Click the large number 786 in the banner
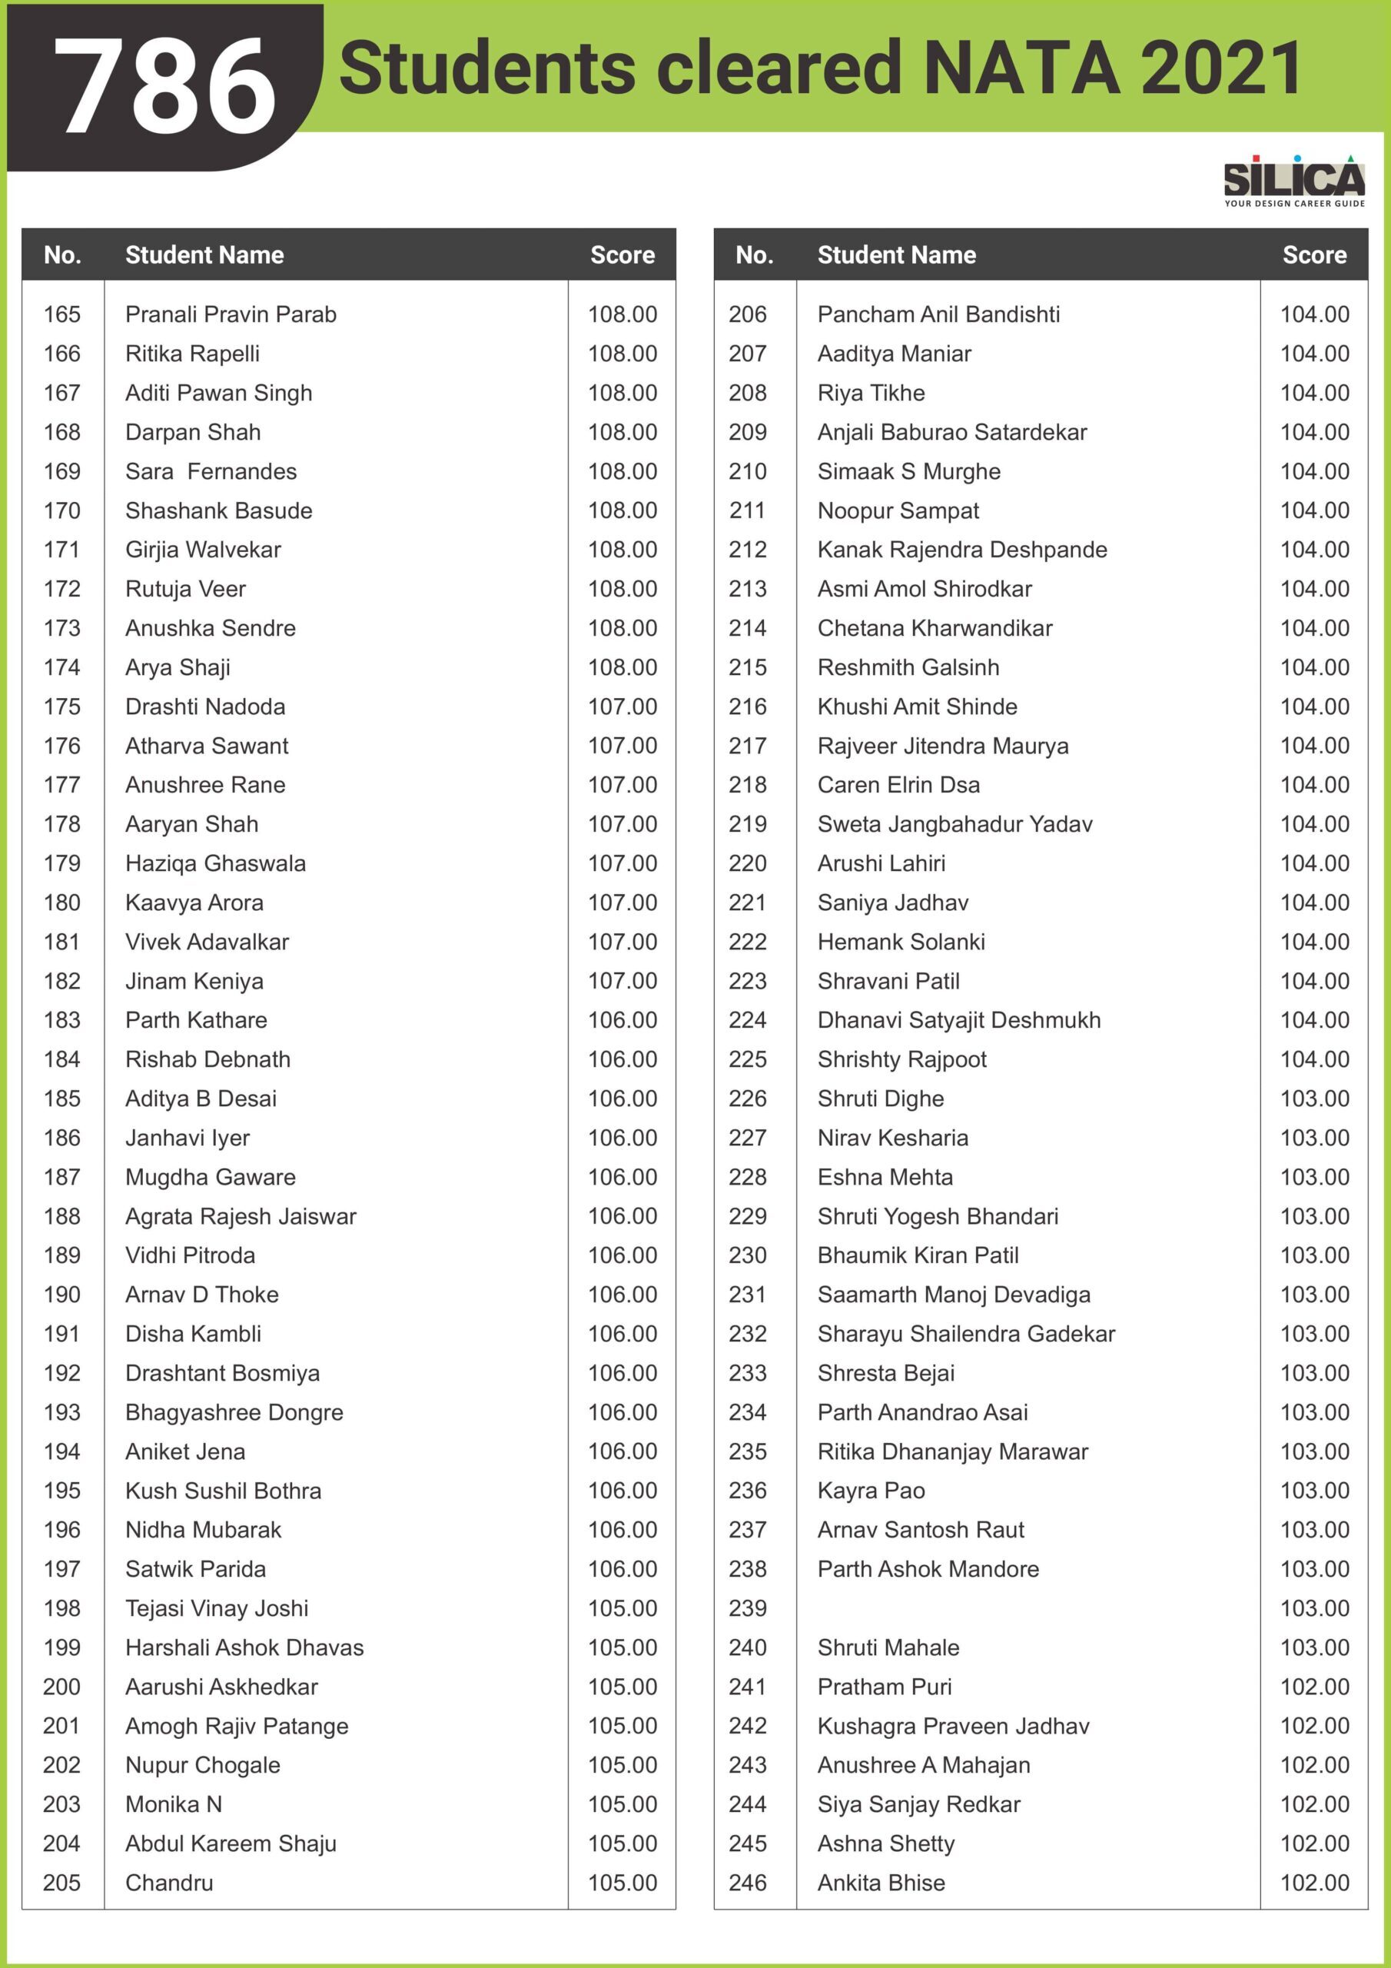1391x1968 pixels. click(164, 85)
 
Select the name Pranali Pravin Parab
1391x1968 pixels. click(231, 314)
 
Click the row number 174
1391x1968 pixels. click(61, 668)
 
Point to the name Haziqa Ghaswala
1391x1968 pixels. click(215, 863)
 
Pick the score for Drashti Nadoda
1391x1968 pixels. click(622, 707)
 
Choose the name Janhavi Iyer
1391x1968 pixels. click(187, 1138)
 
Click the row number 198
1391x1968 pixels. click(61, 1608)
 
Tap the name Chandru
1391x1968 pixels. click(169, 1883)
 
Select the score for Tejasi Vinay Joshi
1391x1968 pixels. click(622, 1608)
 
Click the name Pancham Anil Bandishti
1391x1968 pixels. click(938, 314)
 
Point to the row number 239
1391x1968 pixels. click(747, 1608)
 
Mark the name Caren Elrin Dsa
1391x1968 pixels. click(898, 785)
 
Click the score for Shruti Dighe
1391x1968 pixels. click(1314, 1099)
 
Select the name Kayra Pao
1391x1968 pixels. click(871, 1491)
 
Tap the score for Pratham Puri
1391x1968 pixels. click(1314, 1687)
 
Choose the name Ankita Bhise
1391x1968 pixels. click(881, 1883)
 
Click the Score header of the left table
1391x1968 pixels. click(622, 254)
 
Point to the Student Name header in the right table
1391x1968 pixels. click(897, 254)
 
